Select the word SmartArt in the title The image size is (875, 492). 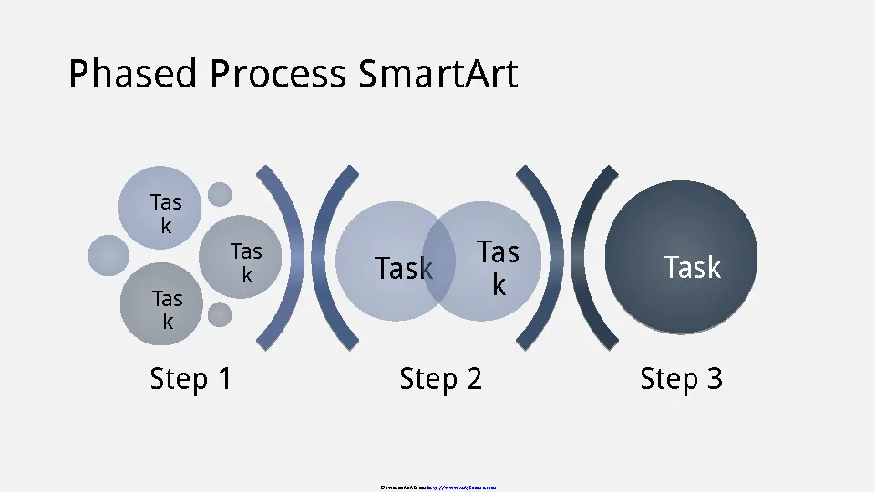[x=437, y=74]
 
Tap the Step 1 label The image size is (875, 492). [x=190, y=378]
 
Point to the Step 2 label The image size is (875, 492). [x=440, y=378]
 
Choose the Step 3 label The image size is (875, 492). [x=681, y=378]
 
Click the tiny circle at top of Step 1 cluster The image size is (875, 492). [x=220, y=193]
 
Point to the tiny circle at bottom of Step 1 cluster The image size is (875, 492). [x=220, y=315]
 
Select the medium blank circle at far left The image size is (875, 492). [x=108, y=255]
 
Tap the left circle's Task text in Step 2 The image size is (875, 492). [x=402, y=268]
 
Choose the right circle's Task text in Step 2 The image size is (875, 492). [x=498, y=268]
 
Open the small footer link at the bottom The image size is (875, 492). [x=462, y=487]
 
